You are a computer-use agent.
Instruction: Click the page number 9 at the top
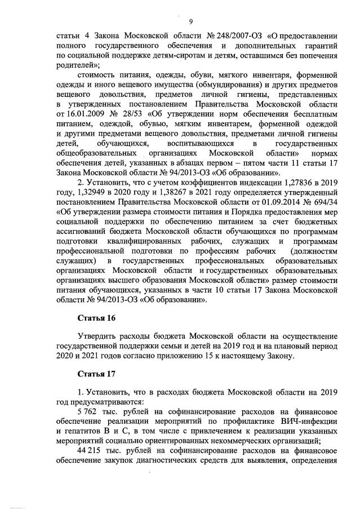(191, 22)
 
